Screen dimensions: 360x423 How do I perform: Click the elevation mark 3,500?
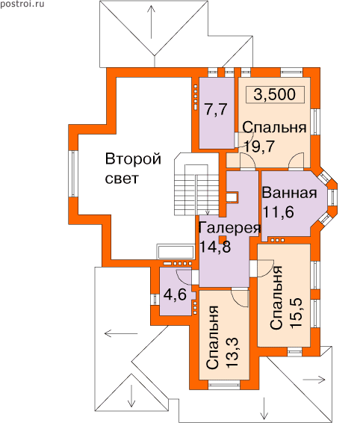click(275, 94)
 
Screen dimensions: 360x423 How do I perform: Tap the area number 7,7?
click(216, 110)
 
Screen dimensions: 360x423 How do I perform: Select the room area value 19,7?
click(259, 146)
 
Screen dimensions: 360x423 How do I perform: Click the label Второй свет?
click(133, 168)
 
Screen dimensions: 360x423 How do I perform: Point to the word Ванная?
click(289, 193)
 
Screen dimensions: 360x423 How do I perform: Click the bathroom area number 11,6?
click(278, 212)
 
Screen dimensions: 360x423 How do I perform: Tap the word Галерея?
click(230, 228)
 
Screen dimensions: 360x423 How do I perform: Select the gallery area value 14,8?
click(215, 247)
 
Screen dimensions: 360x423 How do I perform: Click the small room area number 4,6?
click(175, 294)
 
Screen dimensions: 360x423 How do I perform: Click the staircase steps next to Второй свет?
click(196, 190)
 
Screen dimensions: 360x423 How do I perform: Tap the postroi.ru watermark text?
click(22, 4)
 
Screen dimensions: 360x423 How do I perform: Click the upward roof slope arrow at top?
click(152, 22)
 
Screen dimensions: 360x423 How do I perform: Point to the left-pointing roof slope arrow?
click(121, 334)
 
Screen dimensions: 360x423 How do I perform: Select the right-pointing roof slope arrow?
click(314, 380)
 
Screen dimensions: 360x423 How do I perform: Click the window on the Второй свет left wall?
click(72, 173)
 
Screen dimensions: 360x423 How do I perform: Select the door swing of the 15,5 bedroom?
click(266, 268)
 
